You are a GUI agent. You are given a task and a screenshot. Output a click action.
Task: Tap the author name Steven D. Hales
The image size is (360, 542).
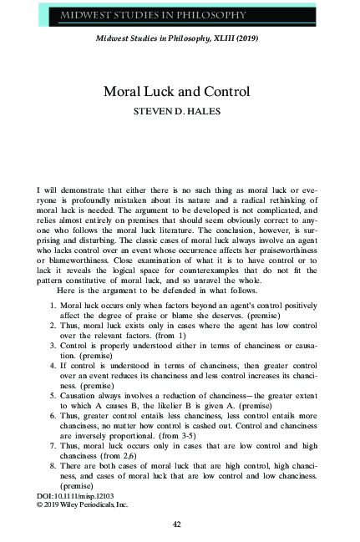tap(180, 110)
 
